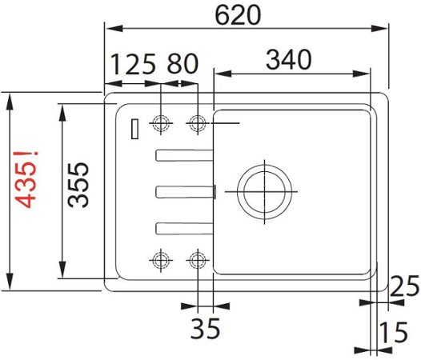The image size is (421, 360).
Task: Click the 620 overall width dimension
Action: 238,15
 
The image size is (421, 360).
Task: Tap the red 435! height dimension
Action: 26,180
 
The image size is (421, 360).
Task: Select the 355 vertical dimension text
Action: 78,185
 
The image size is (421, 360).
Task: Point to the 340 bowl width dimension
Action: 289,59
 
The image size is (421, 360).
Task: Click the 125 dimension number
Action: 133,64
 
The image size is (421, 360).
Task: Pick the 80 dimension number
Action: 182,64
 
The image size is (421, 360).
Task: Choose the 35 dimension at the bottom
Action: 205,328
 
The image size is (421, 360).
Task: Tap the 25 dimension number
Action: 404,286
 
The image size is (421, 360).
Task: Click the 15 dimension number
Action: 394,332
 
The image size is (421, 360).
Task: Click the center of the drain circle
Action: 265,192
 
